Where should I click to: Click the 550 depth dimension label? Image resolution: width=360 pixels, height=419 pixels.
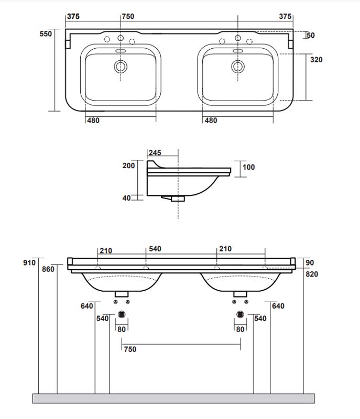click(47, 34)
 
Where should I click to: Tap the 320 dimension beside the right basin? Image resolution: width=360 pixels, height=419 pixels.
click(316, 60)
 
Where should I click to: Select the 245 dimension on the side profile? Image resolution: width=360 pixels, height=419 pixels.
click(155, 153)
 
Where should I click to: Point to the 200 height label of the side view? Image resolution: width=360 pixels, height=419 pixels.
click(128, 166)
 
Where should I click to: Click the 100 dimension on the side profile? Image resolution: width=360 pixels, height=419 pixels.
click(249, 167)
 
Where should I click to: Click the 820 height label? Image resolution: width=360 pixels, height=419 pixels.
click(312, 274)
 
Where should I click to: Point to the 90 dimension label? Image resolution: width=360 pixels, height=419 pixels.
click(310, 262)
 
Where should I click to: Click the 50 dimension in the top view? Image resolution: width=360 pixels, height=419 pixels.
click(310, 35)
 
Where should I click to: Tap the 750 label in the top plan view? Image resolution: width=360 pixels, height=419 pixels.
click(128, 16)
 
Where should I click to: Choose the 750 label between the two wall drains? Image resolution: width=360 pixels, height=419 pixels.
click(130, 349)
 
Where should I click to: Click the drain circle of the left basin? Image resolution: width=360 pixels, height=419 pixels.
click(121, 66)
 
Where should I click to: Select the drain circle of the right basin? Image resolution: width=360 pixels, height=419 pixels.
click(238, 66)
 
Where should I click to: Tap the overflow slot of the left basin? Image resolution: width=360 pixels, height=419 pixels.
click(121, 51)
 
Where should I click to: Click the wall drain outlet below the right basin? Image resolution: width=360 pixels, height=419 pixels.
click(240, 314)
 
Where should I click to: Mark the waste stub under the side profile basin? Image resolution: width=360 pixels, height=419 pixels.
click(178, 199)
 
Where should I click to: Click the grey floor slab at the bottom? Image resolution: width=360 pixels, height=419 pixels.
click(173, 399)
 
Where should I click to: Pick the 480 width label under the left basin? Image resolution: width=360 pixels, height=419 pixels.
click(93, 120)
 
